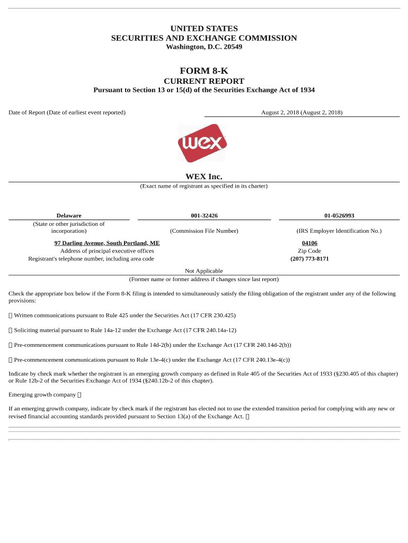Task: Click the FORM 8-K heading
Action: pyautogui.click(x=204, y=71)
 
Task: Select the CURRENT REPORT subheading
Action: pyautogui.click(x=204, y=81)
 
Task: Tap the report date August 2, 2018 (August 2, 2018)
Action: pyautogui.click(x=301, y=112)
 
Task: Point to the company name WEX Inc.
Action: pyautogui.click(x=204, y=177)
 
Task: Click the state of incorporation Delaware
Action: pyautogui.click(x=69, y=215)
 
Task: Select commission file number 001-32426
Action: pyautogui.click(x=204, y=215)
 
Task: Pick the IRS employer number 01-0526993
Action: pyautogui.click(x=339, y=215)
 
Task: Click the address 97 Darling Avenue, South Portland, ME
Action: pyautogui.click(x=107, y=243)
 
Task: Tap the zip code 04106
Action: pyautogui.click(x=309, y=243)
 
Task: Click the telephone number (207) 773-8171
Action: pyautogui.click(x=309, y=259)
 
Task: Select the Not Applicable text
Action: pyautogui.click(x=204, y=271)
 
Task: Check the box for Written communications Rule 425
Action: pyautogui.click(x=11, y=316)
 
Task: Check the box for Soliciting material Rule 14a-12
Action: pyautogui.click(x=11, y=330)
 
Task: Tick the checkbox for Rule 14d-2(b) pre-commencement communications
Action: pyautogui.click(x=11, y=345)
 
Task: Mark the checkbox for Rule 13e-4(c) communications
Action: pyautogui.click(x=11, y=360)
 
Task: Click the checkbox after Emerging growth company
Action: pyautogui.click(x=79, y=395)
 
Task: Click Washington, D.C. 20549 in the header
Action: pyautogui.click(x=204, y=47)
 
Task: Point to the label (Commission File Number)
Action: pyautogui.click(x=204, y=231)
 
